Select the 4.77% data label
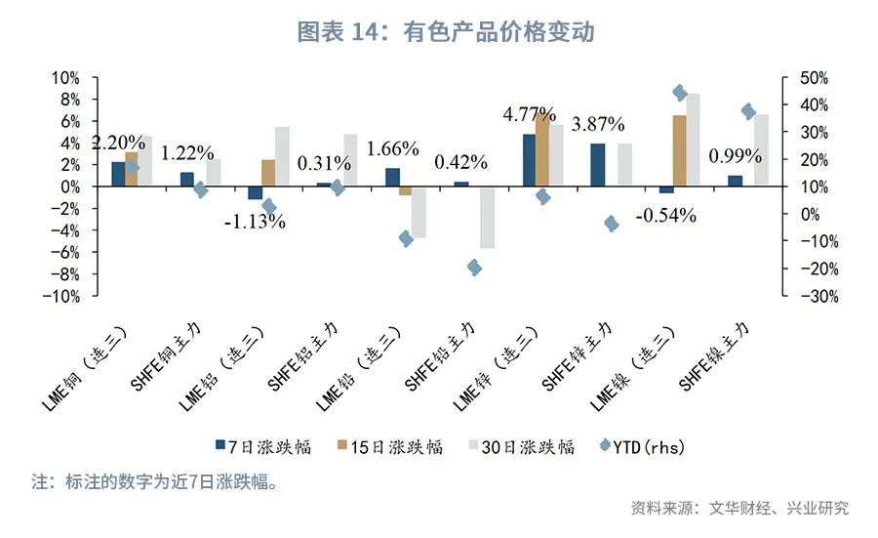click(x=529, y=114)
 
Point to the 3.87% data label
click(x=598, y=124)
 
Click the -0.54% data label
click(x=665, y=216)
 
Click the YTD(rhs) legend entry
click(x=643, y=446)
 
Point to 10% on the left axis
click(x=65, y=78)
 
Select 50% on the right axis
click(x=813, y=78)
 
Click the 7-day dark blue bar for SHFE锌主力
click(x=598, y=165)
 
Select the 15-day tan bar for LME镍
click(x=679, y=150)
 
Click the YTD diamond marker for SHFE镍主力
click(x=749, y=111)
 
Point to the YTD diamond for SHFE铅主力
click(x=474, y=268)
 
